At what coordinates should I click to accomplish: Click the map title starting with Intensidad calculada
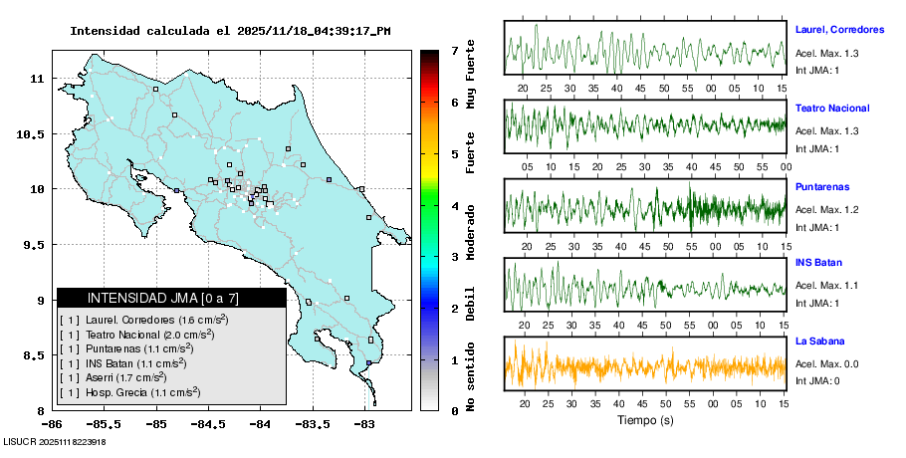click(230, 31)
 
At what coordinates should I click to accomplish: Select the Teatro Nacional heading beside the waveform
click(832, 108)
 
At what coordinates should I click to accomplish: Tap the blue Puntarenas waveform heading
click(822, 187)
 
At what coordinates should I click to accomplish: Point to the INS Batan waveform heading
click(819, 264)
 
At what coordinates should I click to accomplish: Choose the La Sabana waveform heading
click(819, 342)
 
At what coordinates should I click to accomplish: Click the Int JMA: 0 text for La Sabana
click(816, 380)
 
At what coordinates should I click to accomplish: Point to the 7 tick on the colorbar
click(454, 50)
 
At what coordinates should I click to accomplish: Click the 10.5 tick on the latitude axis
click(35, 133)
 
